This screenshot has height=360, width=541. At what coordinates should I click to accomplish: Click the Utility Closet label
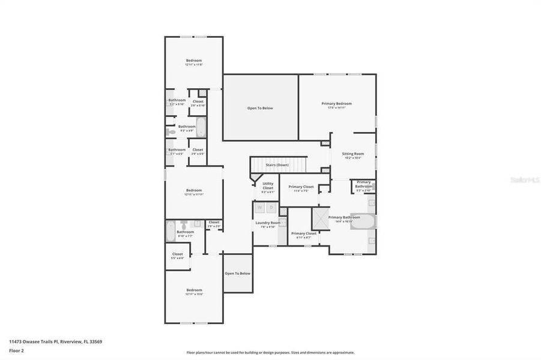click(268, 186)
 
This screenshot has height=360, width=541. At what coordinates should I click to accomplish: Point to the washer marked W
click(260, 208)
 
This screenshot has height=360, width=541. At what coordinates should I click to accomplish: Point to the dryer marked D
click(271, 208)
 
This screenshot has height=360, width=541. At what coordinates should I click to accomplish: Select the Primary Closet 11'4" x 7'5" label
click(301, 187)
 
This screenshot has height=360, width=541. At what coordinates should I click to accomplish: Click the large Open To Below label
click(260, 108)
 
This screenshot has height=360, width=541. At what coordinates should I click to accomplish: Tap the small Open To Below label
click(238, 273)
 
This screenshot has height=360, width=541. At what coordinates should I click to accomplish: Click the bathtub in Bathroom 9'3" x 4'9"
click(201, 127)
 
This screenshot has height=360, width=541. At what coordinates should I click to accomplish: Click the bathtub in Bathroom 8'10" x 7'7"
click(170, 230)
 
